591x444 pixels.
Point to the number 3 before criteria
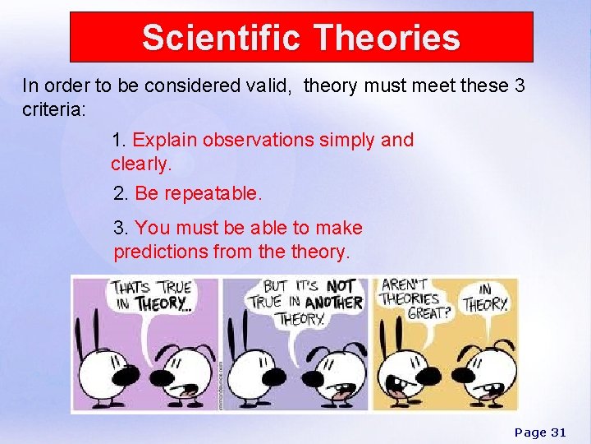click(519, 86)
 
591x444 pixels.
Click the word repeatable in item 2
click(212, 194)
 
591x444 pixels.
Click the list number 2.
click(120, 194)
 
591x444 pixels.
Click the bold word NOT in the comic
click(341, 286)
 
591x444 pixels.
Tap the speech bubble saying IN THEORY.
click(486, 298)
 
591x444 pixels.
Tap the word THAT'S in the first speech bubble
click(131, 288)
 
